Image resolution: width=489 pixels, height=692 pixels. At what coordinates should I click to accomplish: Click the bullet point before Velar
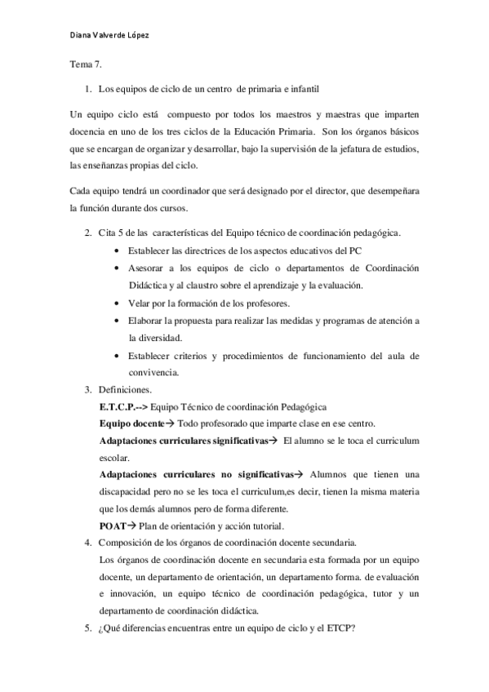tap(121, 304)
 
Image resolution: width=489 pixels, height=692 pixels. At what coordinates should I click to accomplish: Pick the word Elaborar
tap(149, 322)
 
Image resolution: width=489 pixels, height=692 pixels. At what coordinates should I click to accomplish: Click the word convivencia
tap(154, 372)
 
